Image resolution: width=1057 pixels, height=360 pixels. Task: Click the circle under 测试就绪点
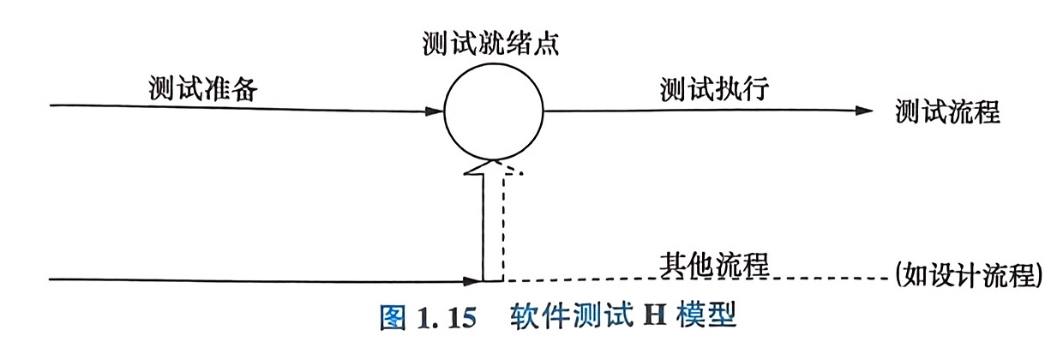493,112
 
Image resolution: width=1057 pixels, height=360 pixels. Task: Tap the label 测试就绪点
492,42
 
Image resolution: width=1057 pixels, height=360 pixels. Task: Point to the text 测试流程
946,112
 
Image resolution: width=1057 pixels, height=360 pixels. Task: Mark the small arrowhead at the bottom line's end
472,279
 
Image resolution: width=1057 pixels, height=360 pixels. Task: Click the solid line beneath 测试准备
240,108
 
